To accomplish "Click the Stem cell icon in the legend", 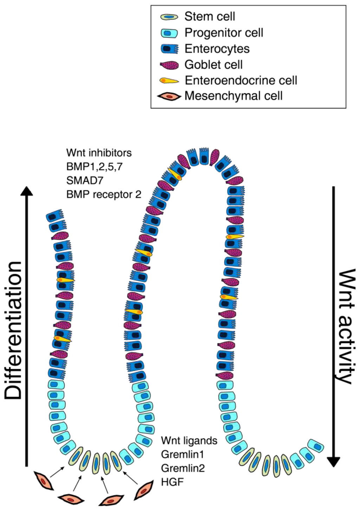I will pos(169,17).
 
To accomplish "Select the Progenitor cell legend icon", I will pos(169,33).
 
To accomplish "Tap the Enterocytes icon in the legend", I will pos(169,49).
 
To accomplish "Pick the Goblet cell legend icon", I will pos(169,65).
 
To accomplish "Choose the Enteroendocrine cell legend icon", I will pos(169,81).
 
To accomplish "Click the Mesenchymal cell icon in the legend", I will pos(169,96).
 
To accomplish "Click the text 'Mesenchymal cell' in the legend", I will pos(233,96).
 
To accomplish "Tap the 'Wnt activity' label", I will pos(346,326).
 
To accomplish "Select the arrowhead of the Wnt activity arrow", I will pos(334,462).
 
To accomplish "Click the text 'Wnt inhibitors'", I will pos(99,153).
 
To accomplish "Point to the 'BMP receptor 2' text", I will pos(104,194).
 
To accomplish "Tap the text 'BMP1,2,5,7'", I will pos(94,167).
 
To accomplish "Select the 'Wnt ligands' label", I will pos(189,441).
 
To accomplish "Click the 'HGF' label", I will pos(172,482).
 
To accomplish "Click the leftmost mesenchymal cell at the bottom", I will pos(43,481).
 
